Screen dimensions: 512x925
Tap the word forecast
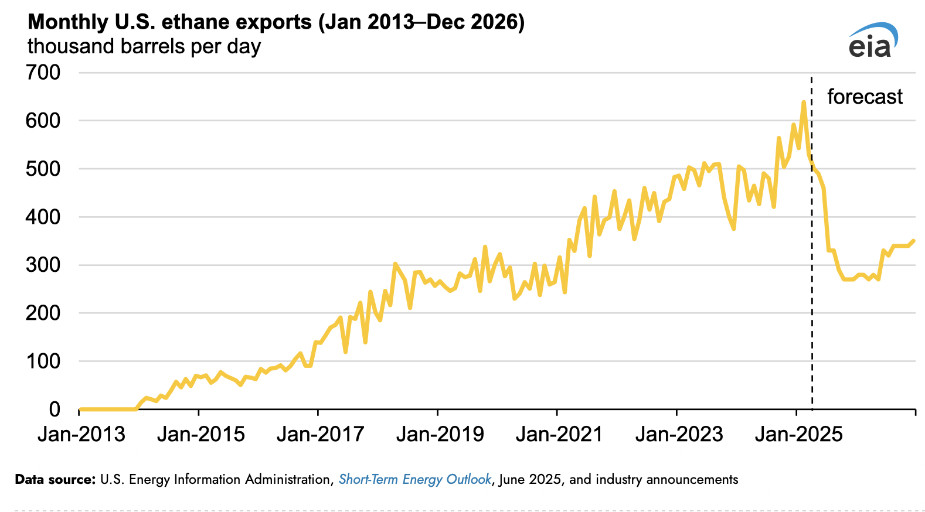coord(865,97)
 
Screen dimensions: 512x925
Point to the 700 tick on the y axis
coord(43,73)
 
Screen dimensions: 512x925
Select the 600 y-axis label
coord(43,121)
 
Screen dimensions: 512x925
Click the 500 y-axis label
coord(43,169)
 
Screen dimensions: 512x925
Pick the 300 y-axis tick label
coord(43,265)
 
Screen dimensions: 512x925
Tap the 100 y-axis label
coord(43,361)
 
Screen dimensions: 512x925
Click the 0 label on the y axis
coord(55,409)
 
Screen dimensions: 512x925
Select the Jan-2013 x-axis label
coord(81,434)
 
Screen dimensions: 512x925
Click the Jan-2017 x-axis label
coord(320,434)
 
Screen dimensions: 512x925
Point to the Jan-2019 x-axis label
coord(440,434)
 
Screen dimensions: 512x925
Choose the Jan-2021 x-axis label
coord(559,434)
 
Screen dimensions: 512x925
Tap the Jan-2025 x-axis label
coord(798,434)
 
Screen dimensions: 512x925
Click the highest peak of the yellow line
coord(804,103)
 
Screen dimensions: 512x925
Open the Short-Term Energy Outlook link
coord(414,479)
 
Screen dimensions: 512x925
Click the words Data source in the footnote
coord(55,479)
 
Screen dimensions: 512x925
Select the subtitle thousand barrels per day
coord(144,46)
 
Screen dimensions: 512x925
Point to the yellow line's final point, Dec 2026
coord(913,241)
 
